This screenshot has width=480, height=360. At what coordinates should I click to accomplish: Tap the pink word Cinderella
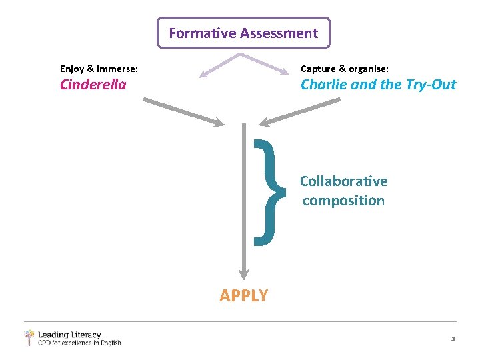point(93,85)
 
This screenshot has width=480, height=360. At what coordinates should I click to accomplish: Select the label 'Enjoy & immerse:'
point(99,69)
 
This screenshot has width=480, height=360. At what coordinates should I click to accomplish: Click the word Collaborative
point(343,181)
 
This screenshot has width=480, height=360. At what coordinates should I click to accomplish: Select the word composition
point(343,201)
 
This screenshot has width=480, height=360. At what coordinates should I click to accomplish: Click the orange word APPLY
point(243,295)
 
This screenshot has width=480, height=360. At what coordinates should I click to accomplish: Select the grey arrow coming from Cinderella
point(183,111)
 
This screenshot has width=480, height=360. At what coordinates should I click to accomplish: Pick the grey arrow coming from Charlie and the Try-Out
point(300,111)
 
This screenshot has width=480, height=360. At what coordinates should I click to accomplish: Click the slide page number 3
point(453,339)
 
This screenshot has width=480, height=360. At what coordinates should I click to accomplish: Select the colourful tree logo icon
point(29,337)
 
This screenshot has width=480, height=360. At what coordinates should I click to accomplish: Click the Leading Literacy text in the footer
point(69,335)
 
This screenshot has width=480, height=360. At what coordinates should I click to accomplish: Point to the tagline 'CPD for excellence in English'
point(79,343)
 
